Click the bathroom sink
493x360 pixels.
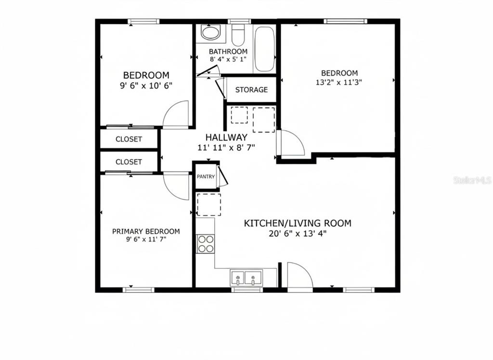(x=209, y=33)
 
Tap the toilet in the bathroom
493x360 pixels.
(x=238, y=35)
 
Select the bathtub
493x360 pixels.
(x=264, y=49)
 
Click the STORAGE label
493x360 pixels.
(x=251, y=90)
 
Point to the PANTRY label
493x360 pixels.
(x=206, y=177)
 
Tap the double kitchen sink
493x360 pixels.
(x=246, y=278)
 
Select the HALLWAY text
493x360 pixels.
(x=226, y=137)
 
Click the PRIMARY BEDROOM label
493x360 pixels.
(x=146, y=231)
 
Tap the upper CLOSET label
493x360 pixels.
(x=129, y=139)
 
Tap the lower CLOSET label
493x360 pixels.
(x=129, y=162)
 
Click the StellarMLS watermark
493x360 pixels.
(x=472, y=180)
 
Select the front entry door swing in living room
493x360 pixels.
(x=298, y=275)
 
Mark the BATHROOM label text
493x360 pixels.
(x=228, y=52)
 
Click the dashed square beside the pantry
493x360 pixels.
(x=209, y=204)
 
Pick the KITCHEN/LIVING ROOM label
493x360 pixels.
(x=297, y=223)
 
